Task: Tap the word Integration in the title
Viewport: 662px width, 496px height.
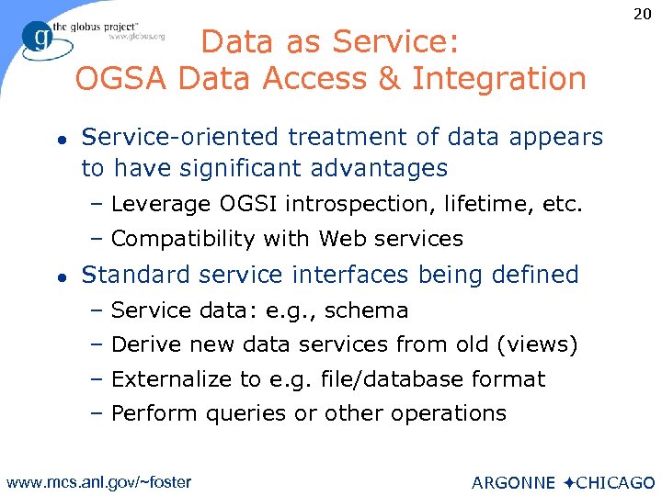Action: click(499, 79)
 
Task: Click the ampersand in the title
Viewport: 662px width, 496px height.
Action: click(386, 79)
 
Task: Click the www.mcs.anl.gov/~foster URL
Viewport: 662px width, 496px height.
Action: click(98, 481)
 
